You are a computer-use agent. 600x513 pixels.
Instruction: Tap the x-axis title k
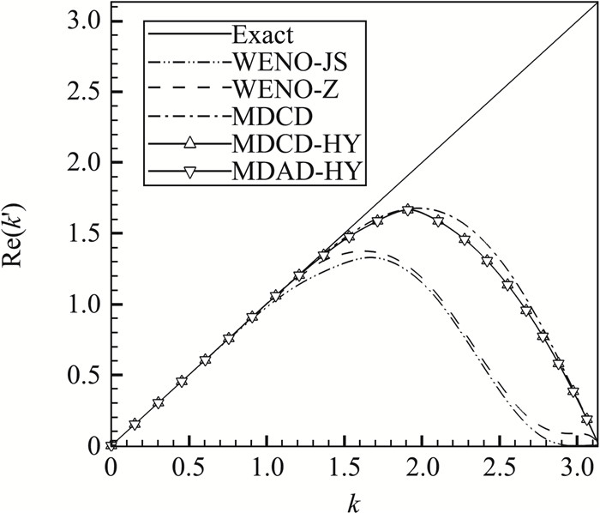click(x=354, y=498)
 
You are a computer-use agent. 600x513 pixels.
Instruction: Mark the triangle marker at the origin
click(x=111, y=445)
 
